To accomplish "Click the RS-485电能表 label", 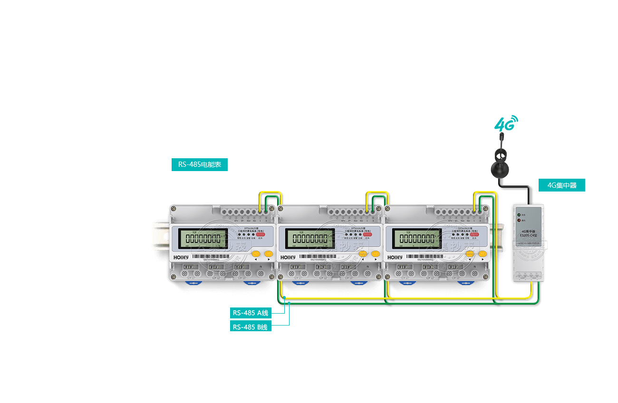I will point(200,165).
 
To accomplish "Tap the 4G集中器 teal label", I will point(561,185).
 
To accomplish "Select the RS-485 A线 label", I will point(250,313).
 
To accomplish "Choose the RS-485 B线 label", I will point(250,326).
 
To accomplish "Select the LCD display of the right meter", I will point(416,238).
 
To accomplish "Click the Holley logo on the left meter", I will point(181,257).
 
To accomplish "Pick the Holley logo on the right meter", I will point(395,257).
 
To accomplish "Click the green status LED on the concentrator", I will point(518,215).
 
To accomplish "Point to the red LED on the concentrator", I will point(518,220).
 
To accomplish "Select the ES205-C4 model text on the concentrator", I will point(529,235).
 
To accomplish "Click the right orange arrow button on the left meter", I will point(269,254).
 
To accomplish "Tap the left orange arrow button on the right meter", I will point(470,254).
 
